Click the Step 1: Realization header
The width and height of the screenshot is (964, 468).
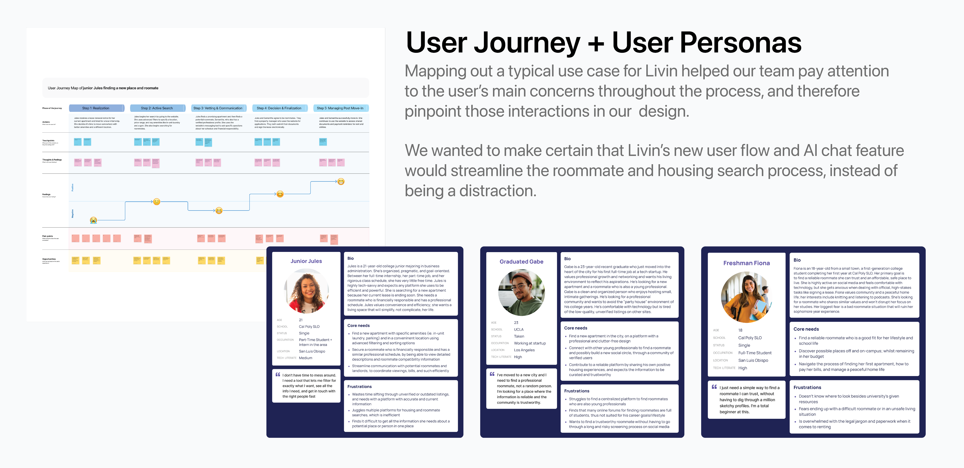pos(96,108)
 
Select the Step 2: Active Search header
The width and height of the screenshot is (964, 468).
pos(157,108)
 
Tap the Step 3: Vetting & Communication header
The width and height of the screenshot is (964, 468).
pos(218,108)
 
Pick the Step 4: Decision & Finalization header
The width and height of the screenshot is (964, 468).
pos(279,108)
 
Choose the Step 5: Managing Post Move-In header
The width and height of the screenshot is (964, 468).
pos(340,108)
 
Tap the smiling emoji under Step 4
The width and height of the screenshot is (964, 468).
pos(280,194)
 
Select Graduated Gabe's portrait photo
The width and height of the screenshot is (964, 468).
pos(521,293)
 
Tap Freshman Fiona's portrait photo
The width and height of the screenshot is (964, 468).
pos(746,297)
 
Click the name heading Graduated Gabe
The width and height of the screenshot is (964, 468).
pos(521,262)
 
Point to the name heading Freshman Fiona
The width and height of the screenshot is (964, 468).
pos(746,263)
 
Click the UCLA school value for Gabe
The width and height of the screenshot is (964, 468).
pos(519,329)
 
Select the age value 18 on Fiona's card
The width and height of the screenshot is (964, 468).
pos(740,330)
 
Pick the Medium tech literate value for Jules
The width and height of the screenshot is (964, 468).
pos(305,358)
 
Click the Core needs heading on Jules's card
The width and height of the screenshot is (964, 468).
pos(358,325)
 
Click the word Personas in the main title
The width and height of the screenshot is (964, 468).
pos(707,43)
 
